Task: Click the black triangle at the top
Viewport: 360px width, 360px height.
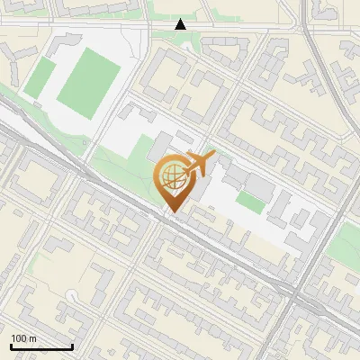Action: click(x=181, y=24)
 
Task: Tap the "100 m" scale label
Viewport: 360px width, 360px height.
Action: click(x=23, y=338)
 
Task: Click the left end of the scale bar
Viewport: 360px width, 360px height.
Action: click(x=11, y=346)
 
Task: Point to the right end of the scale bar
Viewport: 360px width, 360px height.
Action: click(x=72, y=346)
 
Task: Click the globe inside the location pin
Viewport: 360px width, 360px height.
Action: click(x=173, y=175)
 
